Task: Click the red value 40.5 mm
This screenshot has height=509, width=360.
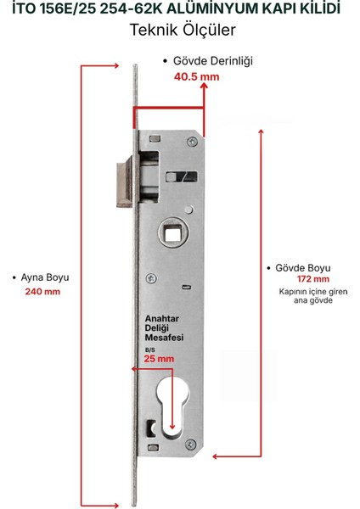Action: click(197, 77)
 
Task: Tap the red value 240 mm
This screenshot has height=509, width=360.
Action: click(42, 292)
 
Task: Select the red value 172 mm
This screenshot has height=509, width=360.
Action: click(313, 279)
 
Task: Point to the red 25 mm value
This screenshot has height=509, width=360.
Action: click(159, 359)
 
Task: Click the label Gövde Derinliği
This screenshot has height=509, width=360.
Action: click(213, 61)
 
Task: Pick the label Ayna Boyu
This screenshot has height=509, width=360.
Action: click(45, 277)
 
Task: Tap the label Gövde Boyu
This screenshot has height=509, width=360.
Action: click(303, 268)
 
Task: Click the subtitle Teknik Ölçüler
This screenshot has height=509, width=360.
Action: click(183, 30)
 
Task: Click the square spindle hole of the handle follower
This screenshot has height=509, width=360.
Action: click(172, 233)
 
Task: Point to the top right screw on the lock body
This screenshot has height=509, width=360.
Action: click(192, 142)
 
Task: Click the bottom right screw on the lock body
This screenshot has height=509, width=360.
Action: click(190, 445)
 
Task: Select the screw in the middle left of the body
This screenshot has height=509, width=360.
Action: click(151, 278)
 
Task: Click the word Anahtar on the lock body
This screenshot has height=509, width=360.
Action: click(162, 318)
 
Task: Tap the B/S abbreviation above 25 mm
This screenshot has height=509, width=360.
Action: click(150, 350)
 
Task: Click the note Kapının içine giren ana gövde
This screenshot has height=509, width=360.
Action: click(313, 296)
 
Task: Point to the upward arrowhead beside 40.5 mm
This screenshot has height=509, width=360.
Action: click(204, 86)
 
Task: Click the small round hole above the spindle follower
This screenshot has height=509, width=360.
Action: click(188, 210)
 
